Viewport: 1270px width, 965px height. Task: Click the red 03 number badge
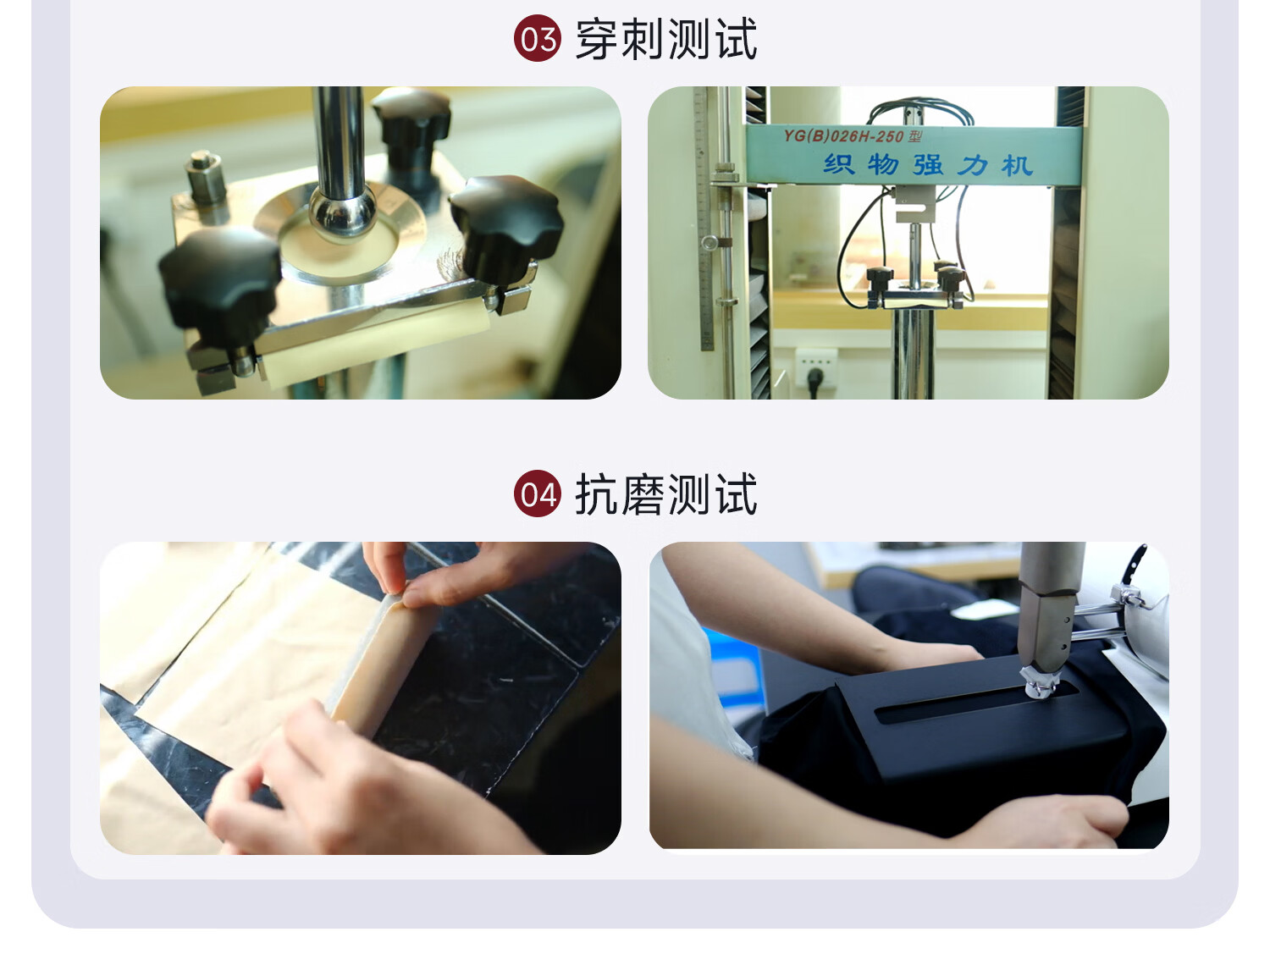(x=537, y=38)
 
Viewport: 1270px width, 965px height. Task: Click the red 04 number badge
(x=537, y=494)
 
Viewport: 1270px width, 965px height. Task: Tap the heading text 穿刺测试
(x=666, y=39)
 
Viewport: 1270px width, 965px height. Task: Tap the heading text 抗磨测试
(x=666, y=494)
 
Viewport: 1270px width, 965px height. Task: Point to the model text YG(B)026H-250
(x=842, y=136)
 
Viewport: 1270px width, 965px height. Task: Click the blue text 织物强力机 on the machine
(x=928, y=165)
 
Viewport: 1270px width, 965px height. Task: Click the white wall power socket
(x=816, y=368)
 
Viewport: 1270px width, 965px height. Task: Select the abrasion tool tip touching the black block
(x=1039, y=682)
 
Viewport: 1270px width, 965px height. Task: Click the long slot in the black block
(x=977, y=703)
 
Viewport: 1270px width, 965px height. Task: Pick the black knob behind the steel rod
(x=411, y=124)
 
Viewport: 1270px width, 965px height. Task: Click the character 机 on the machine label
(x=1018, y=165)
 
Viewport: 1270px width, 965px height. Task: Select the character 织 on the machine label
(x=838, y=164)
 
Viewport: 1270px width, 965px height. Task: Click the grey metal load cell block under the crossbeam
(x=914, y=203)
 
